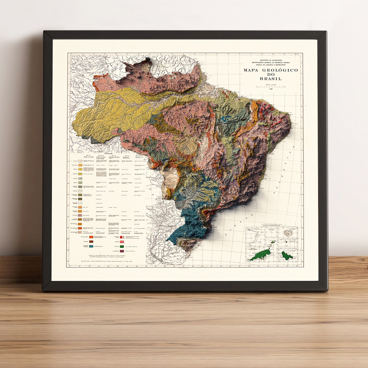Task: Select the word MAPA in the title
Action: coord(252,70)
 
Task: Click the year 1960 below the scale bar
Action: coord(271,89)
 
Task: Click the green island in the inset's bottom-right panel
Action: coord(287,255)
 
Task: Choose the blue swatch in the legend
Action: coord(91,245)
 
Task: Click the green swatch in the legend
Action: coord(122,246)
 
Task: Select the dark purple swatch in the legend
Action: coord(122,250)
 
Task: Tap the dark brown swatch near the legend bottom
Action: coord(91,241)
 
